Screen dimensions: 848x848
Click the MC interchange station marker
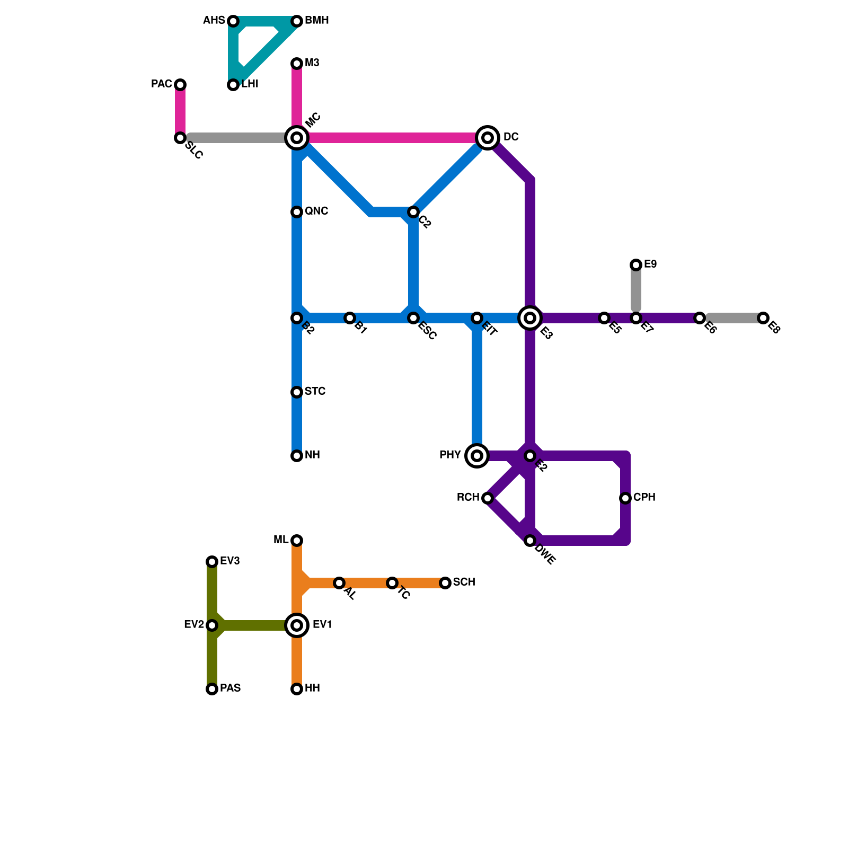tap(297, 138)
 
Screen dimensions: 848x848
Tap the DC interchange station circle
tap(488, 138)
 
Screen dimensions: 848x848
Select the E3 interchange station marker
tap(530, 318)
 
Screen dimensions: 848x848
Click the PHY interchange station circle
tap(477, 456)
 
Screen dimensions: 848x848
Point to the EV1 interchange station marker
tap(297, 625)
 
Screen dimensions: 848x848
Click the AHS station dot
tap(233, 21)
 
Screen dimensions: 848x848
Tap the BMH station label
tap(317, 21)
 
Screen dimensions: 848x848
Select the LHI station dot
tap(233, 85)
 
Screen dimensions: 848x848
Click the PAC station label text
tap(161, 84)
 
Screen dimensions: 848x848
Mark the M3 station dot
tap(297, 64)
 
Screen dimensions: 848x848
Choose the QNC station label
tap(316, 211)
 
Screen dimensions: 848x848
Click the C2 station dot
tap(413, 212)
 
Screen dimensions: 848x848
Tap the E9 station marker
tap(636, 265)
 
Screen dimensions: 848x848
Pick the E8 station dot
tap(763, 318)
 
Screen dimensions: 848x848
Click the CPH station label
tap(644, 498)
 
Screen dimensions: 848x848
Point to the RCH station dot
tap(488, 498)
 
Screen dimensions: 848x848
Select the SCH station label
tap(464, 582)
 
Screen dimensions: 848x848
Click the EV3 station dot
tap(212, 562)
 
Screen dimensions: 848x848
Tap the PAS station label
tap(231, 688)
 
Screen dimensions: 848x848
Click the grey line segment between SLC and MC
tap(238, 138)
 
